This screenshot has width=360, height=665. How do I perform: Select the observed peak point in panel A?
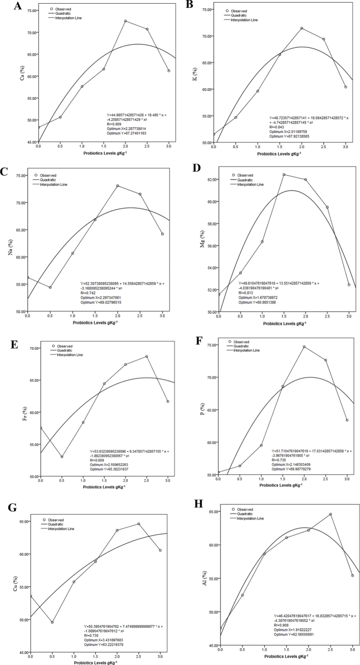coord(125,21)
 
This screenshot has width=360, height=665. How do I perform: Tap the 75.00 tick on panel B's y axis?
coord(203,10)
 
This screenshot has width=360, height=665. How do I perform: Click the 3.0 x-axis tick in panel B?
coord(345,149)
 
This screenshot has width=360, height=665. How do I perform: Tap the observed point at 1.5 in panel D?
coord(284,174)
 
